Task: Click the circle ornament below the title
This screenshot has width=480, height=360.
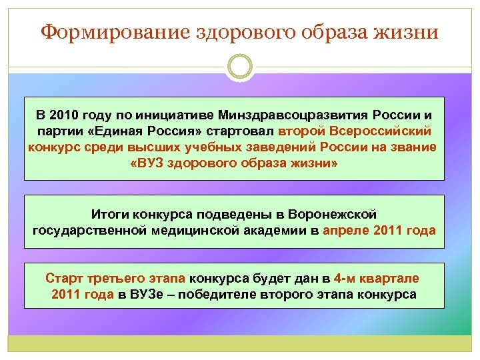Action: pos(240,67)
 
